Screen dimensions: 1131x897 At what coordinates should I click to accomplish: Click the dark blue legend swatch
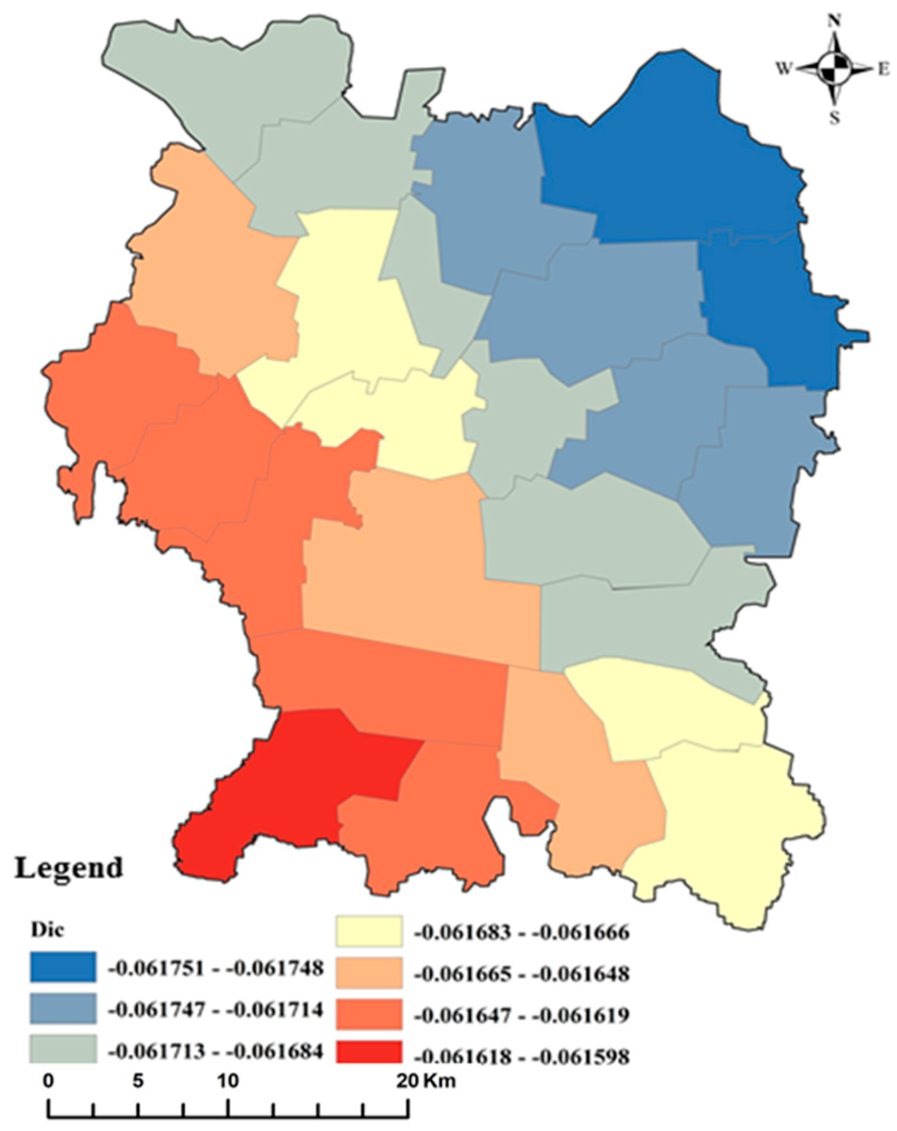point(62,967)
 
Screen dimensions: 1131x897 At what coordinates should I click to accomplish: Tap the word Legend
point(68,868)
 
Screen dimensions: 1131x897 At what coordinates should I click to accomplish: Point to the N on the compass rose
point(834,22)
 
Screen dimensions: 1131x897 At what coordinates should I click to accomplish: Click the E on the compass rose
point(883,70)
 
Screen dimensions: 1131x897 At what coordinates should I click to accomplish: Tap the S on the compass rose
point(834,118)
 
